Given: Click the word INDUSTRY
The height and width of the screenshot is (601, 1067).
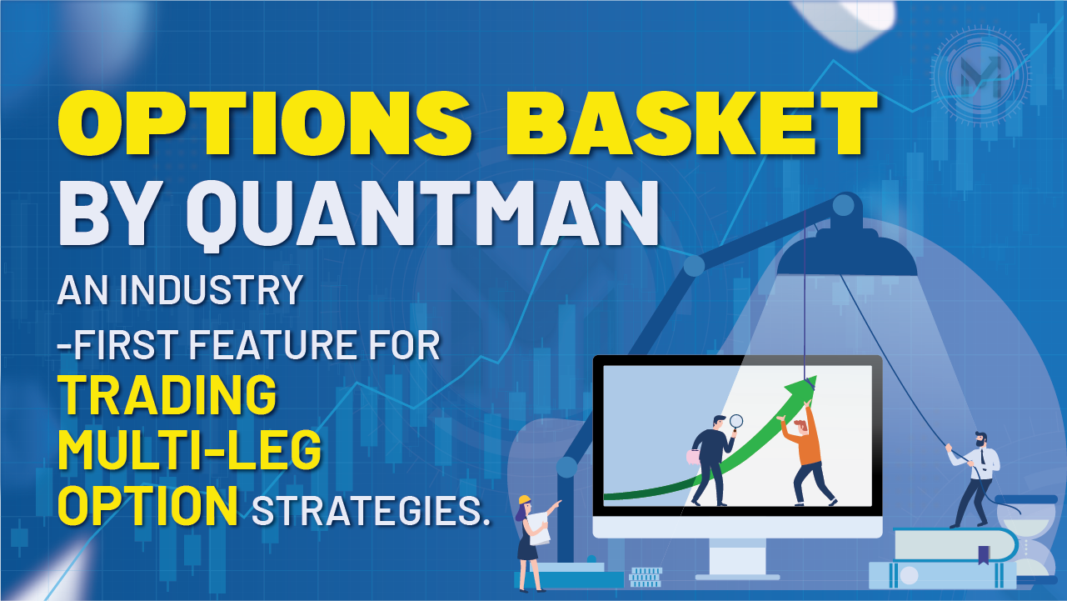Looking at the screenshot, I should point(212,290).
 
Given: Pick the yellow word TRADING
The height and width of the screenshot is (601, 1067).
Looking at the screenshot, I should point(167,395).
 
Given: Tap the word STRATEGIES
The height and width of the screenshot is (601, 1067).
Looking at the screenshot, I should point(371,510).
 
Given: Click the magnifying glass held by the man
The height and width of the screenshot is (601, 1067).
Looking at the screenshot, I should point(735,421).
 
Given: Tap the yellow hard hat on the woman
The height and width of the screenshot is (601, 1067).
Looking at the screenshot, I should point(525,499).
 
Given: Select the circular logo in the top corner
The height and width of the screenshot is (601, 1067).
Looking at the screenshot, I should point(980,72).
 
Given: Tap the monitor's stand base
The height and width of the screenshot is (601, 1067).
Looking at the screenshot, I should point(737,575).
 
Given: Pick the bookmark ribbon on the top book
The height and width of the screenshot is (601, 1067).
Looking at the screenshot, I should point(984,553).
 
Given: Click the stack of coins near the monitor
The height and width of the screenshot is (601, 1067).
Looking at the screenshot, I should point(646,577).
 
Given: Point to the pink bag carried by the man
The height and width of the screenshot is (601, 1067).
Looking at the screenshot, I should point(693,456).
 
